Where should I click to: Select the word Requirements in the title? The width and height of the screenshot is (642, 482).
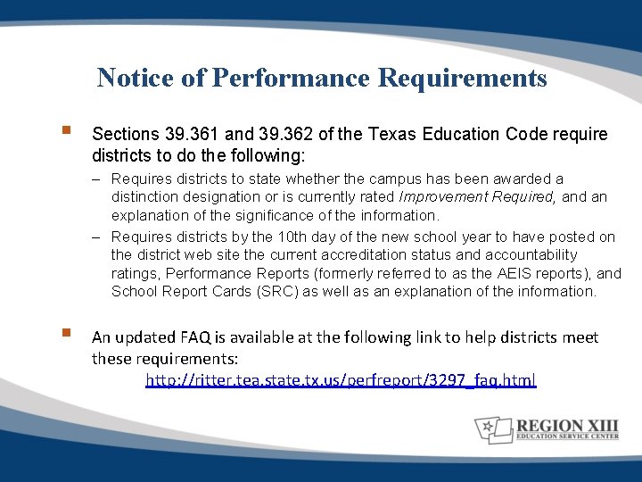463,79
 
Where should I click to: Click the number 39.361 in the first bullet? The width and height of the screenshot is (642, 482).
193,135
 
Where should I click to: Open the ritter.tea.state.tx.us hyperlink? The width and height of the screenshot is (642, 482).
341,380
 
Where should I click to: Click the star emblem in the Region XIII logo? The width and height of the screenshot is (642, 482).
490,429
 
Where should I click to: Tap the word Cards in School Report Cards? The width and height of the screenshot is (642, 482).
226,292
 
